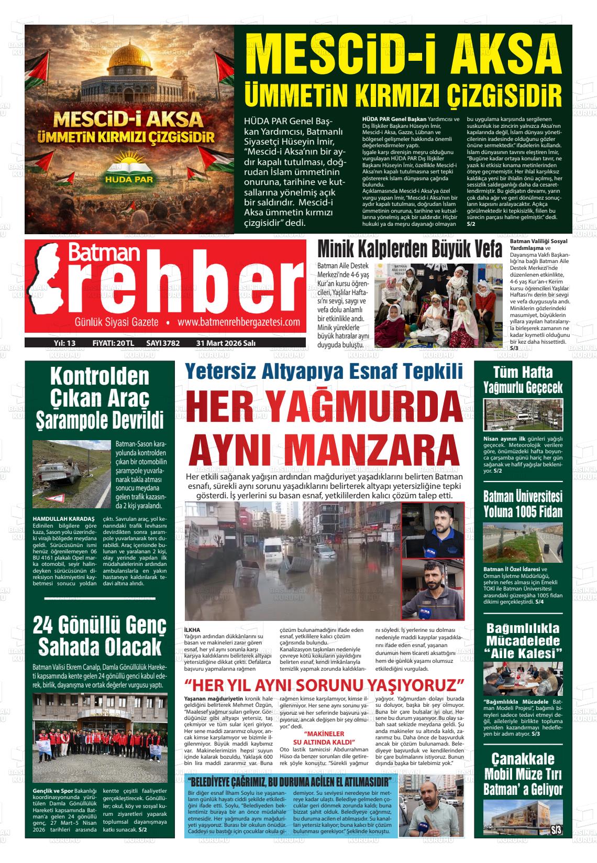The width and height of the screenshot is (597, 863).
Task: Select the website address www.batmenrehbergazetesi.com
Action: point(238,322)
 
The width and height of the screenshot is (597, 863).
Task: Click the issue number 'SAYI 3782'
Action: point(163,343)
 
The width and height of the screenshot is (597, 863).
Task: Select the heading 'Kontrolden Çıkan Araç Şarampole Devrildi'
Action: point(99,398)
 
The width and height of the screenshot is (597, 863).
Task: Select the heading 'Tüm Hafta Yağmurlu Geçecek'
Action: point(523,380)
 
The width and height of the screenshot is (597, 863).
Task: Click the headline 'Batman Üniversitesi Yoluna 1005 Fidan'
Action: point(523,504)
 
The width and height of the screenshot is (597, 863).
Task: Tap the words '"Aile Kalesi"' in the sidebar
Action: point(523,653)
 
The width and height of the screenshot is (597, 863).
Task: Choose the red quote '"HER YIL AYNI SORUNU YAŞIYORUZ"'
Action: point(325,685)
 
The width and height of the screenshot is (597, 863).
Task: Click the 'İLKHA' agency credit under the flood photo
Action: point(193,629)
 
